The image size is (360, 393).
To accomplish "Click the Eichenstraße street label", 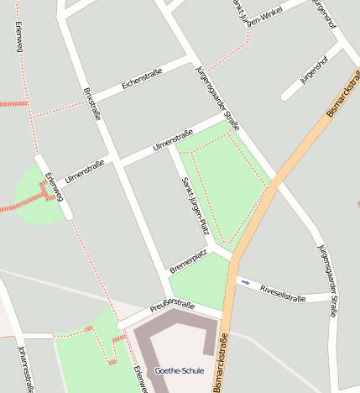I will pos(142,78).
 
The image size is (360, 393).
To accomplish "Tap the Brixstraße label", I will pos(91,103).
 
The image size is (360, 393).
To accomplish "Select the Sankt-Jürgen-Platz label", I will pos(195,206).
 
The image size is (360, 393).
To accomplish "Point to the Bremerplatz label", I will pos(188,261).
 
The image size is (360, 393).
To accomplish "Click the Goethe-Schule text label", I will pos(179,370).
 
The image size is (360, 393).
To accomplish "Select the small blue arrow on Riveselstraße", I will pos(245,282).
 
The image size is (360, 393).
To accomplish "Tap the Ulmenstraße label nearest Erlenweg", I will pos(84,172).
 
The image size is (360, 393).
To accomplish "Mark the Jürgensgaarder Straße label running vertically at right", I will pos(328,280).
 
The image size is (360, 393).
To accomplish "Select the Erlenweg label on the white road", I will pos(54,186).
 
